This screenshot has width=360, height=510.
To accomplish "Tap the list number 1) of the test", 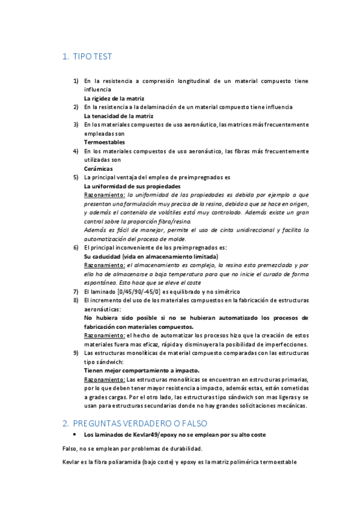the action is (x=76, y=81).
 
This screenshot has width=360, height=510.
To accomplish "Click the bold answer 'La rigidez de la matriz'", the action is (x=114, y=98).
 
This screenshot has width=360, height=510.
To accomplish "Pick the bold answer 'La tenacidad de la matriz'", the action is (x=118, y=115).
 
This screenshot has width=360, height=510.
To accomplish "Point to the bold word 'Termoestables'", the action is (x=104, y=143).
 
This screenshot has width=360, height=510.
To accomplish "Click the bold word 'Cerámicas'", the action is (x=99, y=169).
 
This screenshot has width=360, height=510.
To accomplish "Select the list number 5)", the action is (x=76, y=178).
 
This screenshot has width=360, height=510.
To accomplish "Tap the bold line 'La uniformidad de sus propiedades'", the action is (x=132, y=186).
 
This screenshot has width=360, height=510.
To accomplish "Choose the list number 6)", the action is (x=76, y=248).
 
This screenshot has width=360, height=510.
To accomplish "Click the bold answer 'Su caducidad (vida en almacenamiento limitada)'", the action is (x=151, y=257).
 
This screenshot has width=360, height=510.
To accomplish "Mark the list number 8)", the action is (x=76, y=300).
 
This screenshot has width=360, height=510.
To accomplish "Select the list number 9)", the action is (x=76, y=353).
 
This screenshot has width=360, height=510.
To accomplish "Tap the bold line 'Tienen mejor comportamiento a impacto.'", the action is (x=141, y=370).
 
